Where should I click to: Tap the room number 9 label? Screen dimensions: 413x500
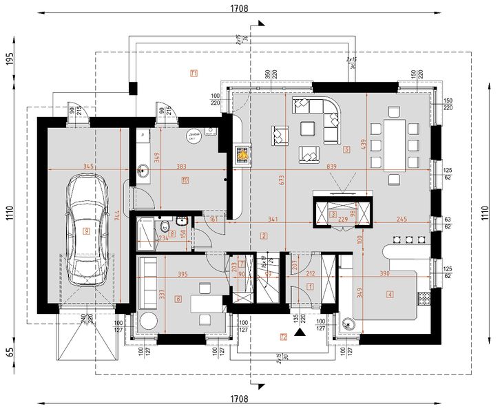click(86, 231)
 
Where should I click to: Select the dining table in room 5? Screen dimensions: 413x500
click(394, 145)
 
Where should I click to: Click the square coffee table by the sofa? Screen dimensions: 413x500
click(308, 128)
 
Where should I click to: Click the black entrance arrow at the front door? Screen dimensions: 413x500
click(299, 332)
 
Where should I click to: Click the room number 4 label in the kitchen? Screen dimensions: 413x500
click(390, 295)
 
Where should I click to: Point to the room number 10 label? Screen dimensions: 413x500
click(185, 181)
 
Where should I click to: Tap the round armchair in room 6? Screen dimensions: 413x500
click(147, 321)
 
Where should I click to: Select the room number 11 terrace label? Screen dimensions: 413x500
click(194, 72)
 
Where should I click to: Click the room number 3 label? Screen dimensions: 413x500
click(333, 215)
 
